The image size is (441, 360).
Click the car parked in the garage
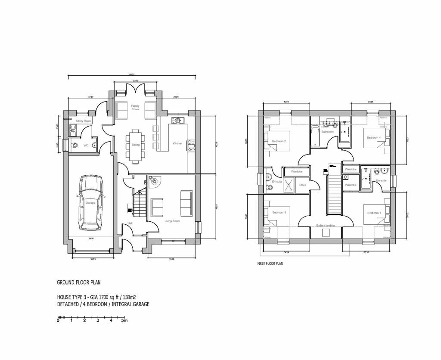tap(91, 203)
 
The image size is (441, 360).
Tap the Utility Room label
tap(84, 121)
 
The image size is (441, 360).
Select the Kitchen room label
tap(177, 143)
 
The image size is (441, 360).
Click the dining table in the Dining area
tap(136, 145)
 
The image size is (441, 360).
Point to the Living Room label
tap(172, 221)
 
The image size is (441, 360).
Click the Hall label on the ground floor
tap(130, 223)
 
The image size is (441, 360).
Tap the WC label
tap(86, 146)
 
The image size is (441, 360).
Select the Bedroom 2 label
tap(279, 141)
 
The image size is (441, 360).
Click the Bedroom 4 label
tap(373, 137)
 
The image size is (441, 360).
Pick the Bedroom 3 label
tap(279, 212)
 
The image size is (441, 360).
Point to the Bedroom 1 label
tap(373, 213)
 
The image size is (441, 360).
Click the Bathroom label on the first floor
tap(327, 132)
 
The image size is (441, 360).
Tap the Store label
tap(302, 185)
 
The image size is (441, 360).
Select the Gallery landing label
tap(326, 225)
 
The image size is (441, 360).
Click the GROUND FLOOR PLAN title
tap(79, 282)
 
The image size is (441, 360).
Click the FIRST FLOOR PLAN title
tap(270, 264)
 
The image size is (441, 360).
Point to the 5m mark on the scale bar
tap(124, 320)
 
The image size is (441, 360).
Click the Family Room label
tap(135, 107)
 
